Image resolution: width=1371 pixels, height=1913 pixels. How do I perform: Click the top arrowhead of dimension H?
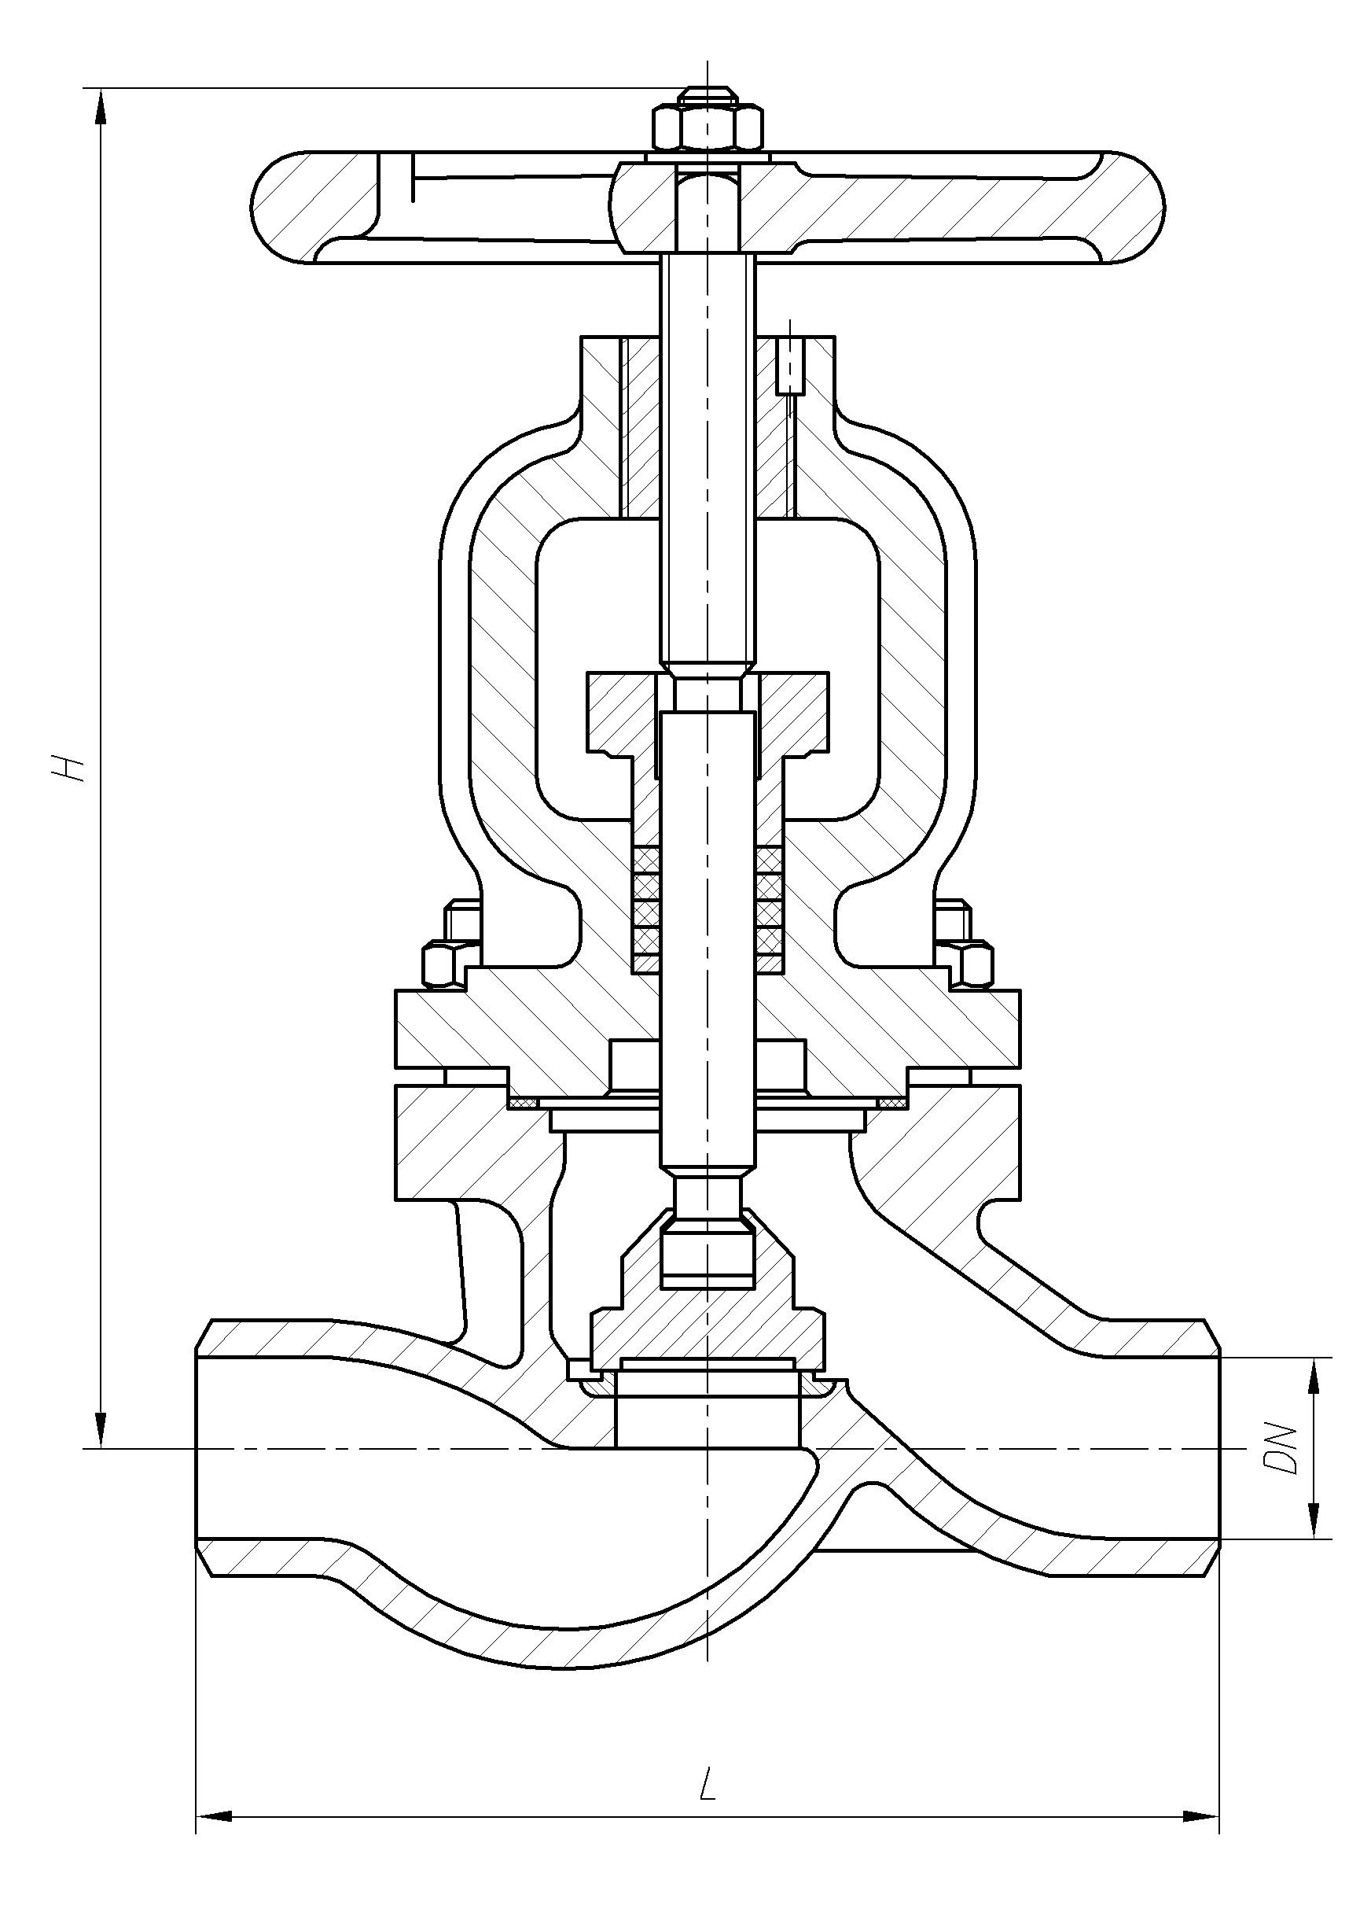(x=101, y=106)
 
